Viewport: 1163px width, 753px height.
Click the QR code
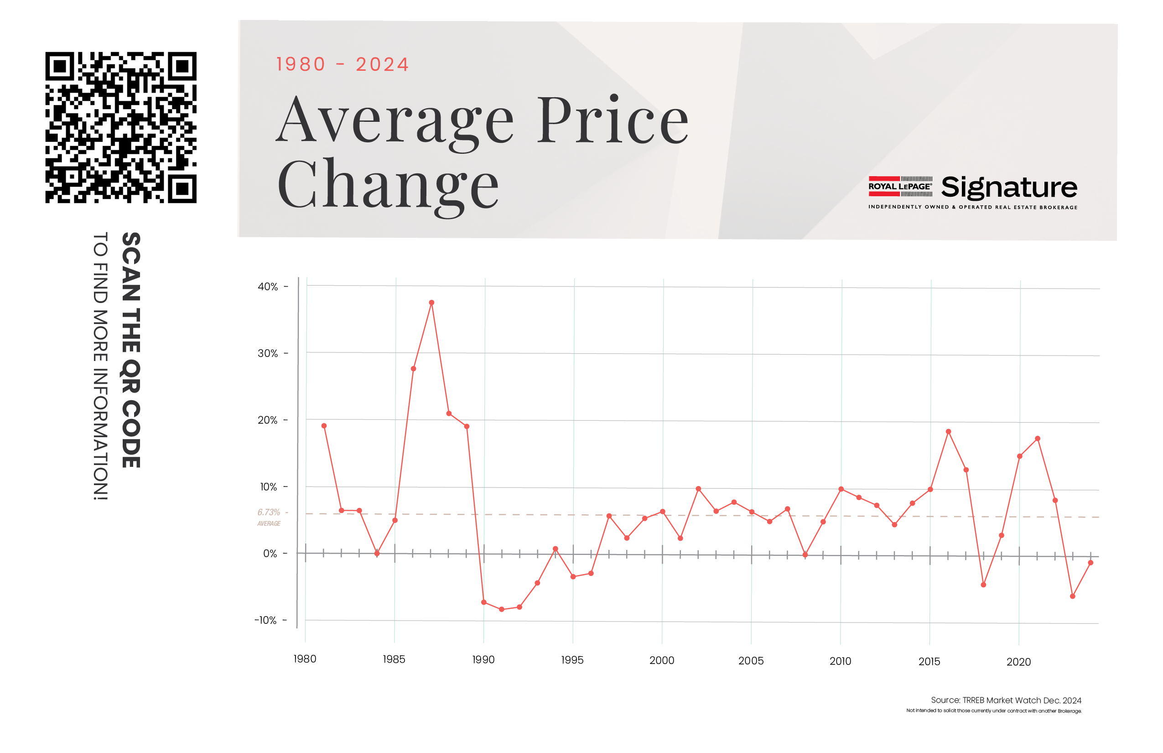click(x=121, y=127)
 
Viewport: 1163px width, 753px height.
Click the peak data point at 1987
click(x=431, y=303)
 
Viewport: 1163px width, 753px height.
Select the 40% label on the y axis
click(x=268, y=287)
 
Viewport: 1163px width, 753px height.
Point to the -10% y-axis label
click(x=265, y=620)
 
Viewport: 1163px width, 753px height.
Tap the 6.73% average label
click(x=269, y=512)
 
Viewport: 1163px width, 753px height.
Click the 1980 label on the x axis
click(x=305, y=659)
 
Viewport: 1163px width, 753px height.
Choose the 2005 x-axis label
click(x=751, y=661)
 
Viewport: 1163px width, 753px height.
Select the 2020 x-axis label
click(x=1018, y=662)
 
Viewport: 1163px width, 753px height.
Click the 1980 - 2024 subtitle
click(x=342, y=64)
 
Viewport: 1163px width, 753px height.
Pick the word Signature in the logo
click(x=1009, y=187)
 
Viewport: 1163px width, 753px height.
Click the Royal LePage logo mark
click(x=900, y=186)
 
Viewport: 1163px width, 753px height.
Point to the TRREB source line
click(x=1006, y=700)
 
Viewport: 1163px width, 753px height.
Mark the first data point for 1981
click(x=324, y=426)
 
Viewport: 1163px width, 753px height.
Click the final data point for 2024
click(x=1090, y=563)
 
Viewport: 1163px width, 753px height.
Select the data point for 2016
click(x=948, y=432)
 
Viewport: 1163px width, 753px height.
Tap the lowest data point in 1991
click(x=502, y=609)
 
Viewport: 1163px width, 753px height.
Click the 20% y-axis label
click(x=268, y=420)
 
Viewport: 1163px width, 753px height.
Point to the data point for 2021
click(x=1038, y=439)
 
